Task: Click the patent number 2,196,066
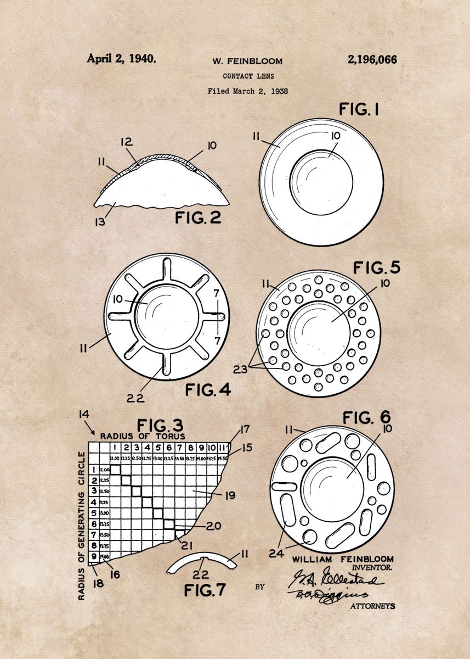pyautogui.click(x=372, y=59)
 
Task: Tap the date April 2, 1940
pyautogui.click(x=121, y=59)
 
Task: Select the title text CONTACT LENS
pyautogui.click(x=248, y=76)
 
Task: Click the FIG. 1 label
pyautogui.click(x=359, y=109)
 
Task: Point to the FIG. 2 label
pyautogui.click(x=198, y=217)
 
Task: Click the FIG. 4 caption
pyautogui.click(x=208, y=390)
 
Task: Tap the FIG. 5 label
pyautogui.click(x=376, y=267)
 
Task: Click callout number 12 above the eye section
pyautogui.click(x=127, y=142)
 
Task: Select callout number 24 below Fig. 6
pyautogui.click(x=277, y=554)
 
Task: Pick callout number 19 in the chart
pyautogui.click(x=230, y=495)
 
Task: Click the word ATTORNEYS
pyautogui.click(x=372, y=606)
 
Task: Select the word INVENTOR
pyautogui.click(x=372, y=567)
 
